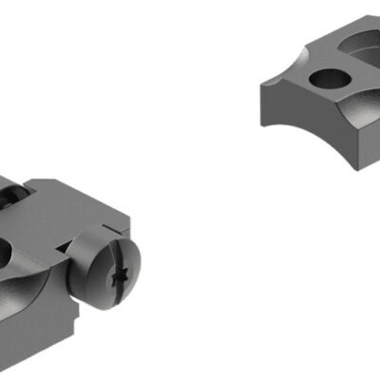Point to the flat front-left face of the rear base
click(x=285, y=114)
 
